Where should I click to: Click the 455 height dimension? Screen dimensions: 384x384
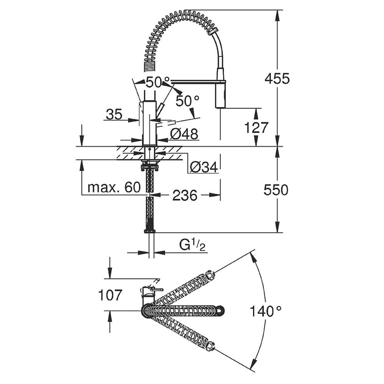click(277, 79)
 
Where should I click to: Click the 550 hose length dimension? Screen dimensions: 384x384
click(276, 190)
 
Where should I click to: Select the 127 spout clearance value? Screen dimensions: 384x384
click(256, 128)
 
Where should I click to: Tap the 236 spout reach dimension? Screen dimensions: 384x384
click(185, 195)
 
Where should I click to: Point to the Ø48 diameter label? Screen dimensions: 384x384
click(184, 134)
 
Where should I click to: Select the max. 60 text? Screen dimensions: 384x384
click(114, 188)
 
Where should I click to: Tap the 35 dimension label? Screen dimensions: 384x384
click(114, 114)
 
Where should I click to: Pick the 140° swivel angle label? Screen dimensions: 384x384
click(266, 311)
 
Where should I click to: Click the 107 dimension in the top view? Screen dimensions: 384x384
click(110, 295)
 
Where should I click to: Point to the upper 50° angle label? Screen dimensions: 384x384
click(157, 82)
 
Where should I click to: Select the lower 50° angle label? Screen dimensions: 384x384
click(187, 101)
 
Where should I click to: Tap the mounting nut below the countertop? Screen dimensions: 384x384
click(149, 166)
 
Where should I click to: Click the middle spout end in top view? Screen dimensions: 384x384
click(220, 310)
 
